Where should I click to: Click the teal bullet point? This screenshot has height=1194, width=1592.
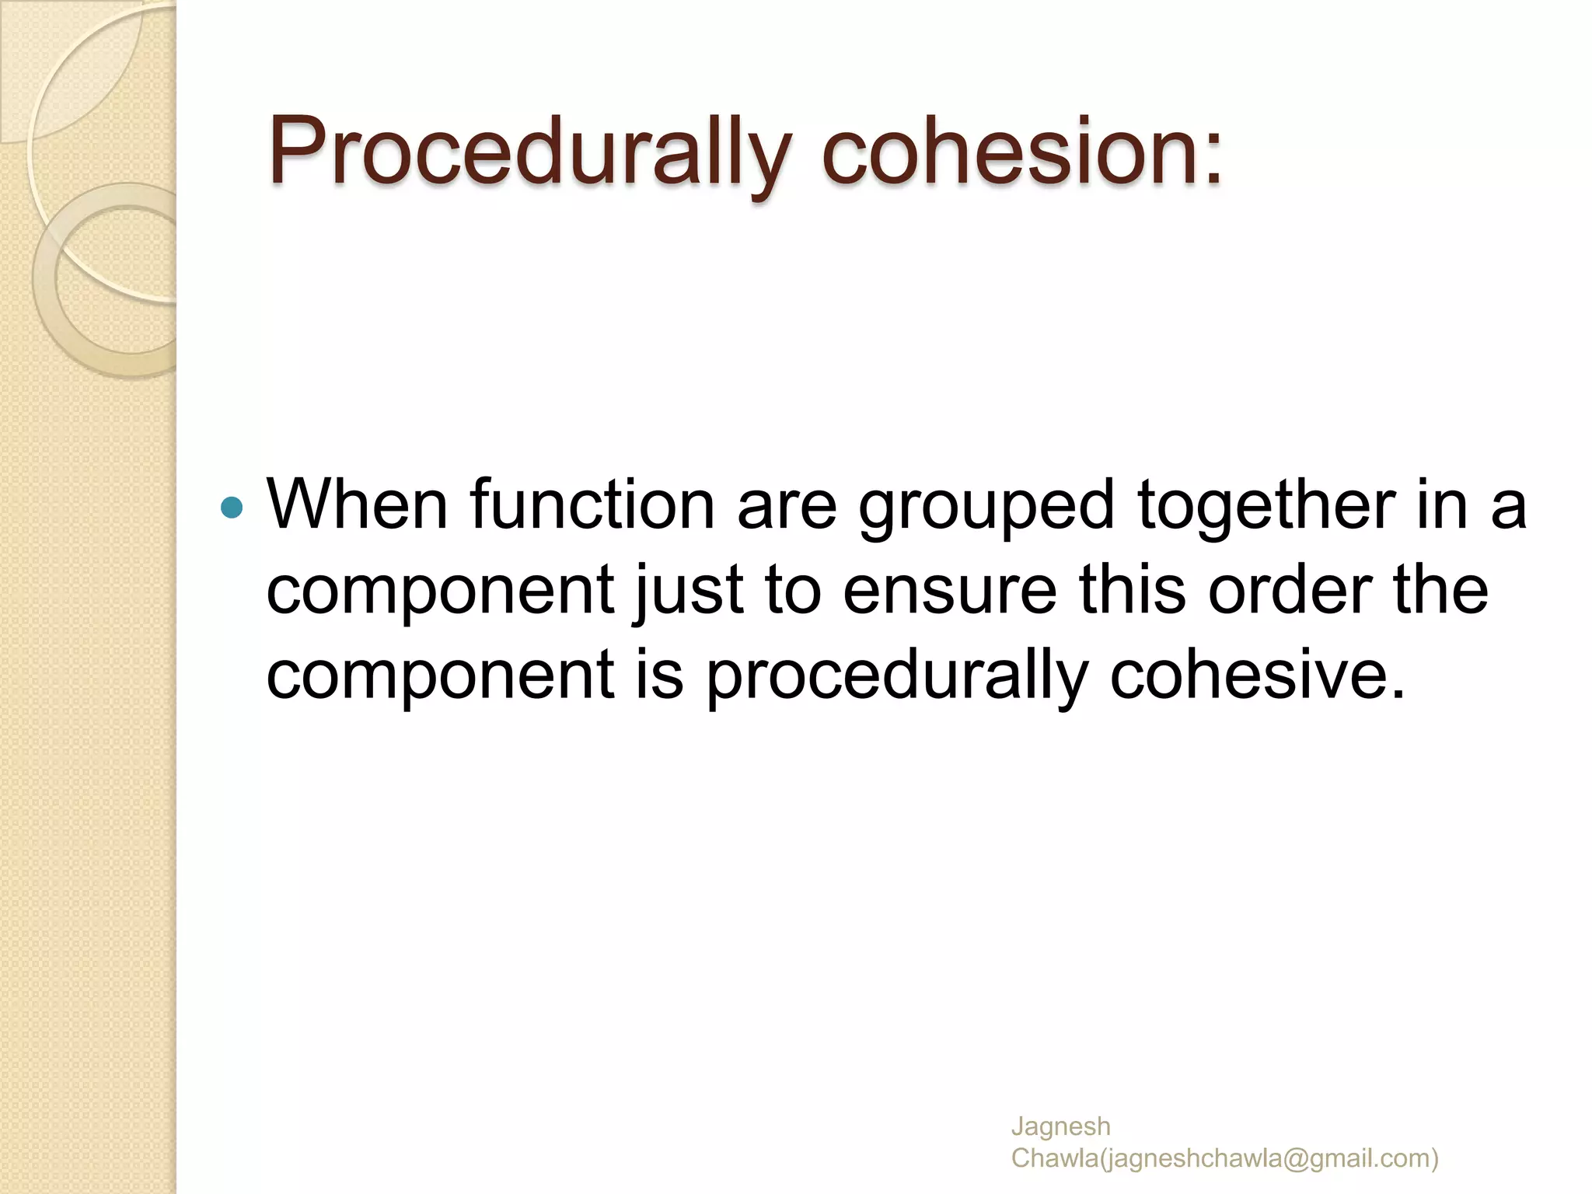tap(232, 508)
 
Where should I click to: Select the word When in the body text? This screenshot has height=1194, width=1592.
tap(358, 505)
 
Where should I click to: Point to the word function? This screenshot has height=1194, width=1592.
tap(592, 505)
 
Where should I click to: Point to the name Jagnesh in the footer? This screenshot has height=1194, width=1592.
tap(1060, 1126)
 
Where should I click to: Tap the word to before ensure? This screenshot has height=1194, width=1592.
tap(793, 591)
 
